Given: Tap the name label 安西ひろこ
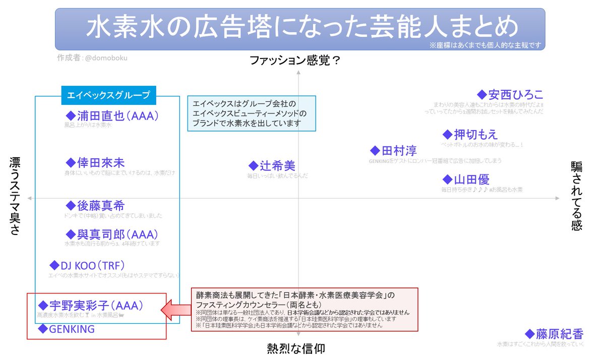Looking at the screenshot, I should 516,94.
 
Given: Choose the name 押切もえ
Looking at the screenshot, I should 475,134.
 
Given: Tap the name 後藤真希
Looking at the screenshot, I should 101,205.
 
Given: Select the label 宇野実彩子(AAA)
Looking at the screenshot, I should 97,305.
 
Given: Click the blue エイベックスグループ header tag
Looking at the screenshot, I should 108,95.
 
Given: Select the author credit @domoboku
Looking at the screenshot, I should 106,57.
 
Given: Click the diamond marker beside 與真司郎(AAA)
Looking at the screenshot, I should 71,234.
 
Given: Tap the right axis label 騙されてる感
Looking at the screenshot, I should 576,196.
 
